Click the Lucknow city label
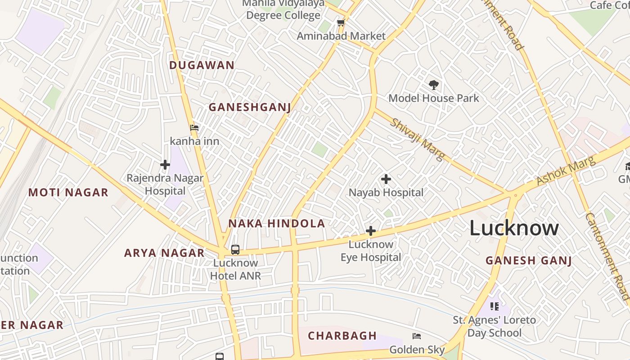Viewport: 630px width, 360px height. click(x=514, y=228)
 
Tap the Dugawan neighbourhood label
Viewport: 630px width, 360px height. click(x=202, y=65)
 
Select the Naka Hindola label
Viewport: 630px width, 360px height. click(x=276, y=224)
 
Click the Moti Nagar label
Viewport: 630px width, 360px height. click(x=68, y=193)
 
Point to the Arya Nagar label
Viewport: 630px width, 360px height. click(x=164, y=253)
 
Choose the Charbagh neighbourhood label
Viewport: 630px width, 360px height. click(x=342, y=336)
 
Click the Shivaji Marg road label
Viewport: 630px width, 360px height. click(x=417, y=139)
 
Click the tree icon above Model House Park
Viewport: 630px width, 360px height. click(x=433, y=85)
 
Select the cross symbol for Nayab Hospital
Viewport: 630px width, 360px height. click(x=386, y=179)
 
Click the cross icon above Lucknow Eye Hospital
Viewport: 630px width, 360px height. click(x=370, y=231)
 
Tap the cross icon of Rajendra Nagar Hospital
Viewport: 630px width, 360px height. click(x=165, y=165)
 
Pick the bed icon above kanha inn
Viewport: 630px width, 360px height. click(x=194, y=128)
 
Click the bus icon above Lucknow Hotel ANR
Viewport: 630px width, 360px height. click(x=235, y=249)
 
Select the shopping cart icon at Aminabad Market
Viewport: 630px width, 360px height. click(x=341, y=22)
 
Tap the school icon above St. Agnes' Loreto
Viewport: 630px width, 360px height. click(x=494, y=306)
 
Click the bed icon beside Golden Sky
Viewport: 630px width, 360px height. click(x=417, y=336)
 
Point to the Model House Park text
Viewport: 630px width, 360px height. click(x=433, y=98)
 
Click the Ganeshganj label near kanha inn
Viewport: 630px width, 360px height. click(x=249, y=107)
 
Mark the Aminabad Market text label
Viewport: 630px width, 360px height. click(x=341, y=36)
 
